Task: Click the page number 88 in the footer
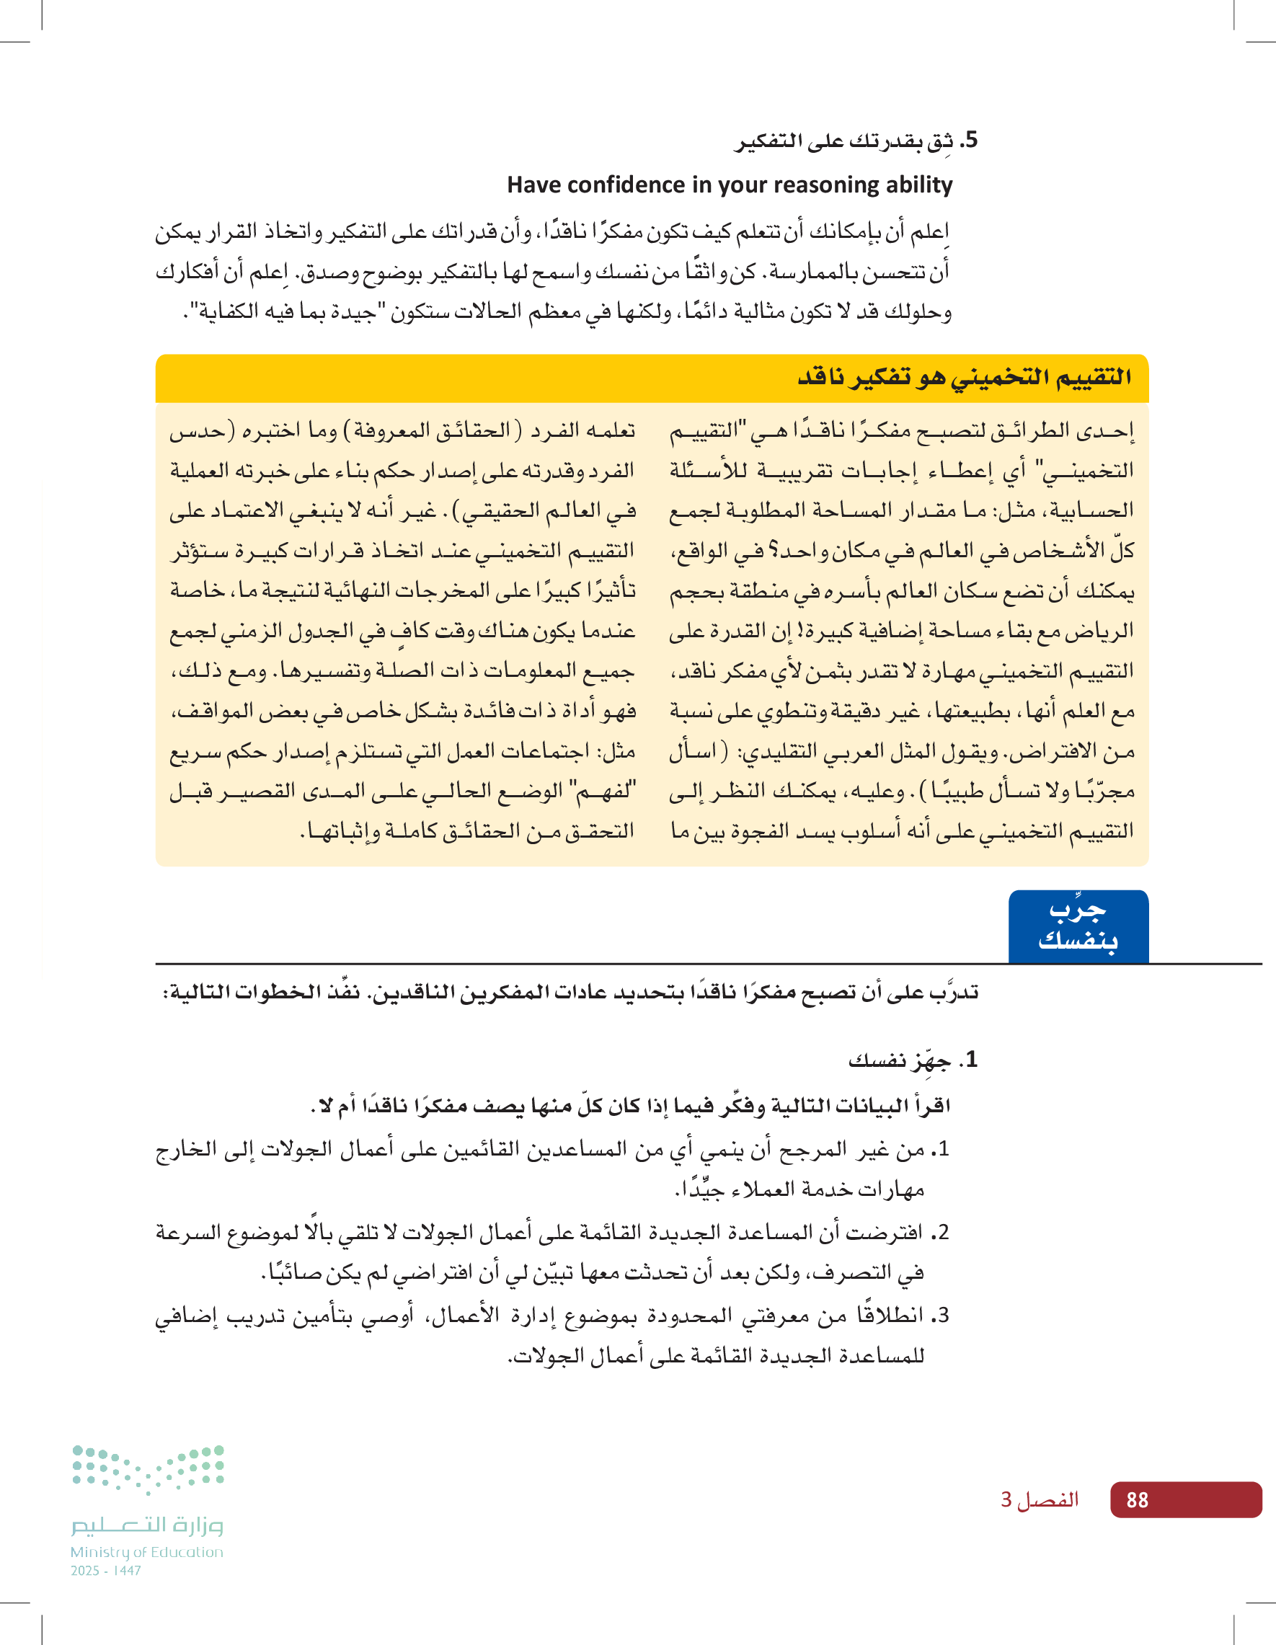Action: click(1137, 1500)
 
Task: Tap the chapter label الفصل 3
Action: click(1040, 1499)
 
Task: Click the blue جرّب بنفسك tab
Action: click(1078, 926)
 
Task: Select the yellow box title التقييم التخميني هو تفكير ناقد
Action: click(964, 376)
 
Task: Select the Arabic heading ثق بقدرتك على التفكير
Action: click(843, 141)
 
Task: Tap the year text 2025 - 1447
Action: click(106, 1571)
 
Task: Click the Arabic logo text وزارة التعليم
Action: click(148, 1525)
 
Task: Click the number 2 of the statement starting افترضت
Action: click(942, 1233)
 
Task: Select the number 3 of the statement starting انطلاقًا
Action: click(942, 1316)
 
